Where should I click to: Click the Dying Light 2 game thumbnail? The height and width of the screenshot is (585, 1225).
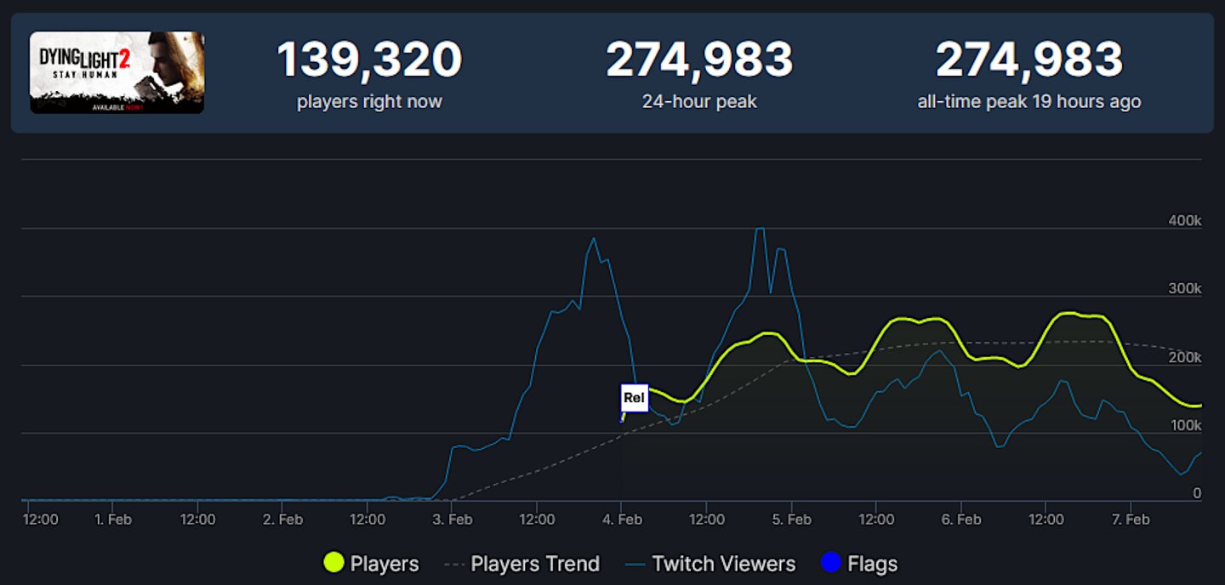click(117, 72)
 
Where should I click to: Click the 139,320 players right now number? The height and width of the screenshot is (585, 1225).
click(369, 60)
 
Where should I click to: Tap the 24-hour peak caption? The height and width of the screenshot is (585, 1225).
click(699, 102)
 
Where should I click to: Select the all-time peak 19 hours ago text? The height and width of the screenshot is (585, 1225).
click(1029, 102)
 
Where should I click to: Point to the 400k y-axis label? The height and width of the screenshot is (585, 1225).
click(1184, 220)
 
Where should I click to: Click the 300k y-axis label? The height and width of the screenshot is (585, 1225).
click(1184, 289)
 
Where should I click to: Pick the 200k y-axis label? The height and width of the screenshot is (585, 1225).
click(1184, 357)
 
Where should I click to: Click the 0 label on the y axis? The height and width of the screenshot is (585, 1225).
click(1197, 493)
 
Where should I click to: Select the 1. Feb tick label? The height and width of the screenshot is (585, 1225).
click(113, 519)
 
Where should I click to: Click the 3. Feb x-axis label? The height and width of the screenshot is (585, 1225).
click(452, 519)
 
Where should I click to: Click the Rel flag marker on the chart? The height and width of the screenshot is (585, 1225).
click(635, 397)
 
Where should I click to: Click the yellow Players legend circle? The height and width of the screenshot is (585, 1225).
click(334, 563)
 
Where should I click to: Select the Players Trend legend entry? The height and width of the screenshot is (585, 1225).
click(522, 563)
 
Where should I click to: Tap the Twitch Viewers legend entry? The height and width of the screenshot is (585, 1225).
click(710, 563)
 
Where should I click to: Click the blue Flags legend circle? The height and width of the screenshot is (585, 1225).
click(831, 563)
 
